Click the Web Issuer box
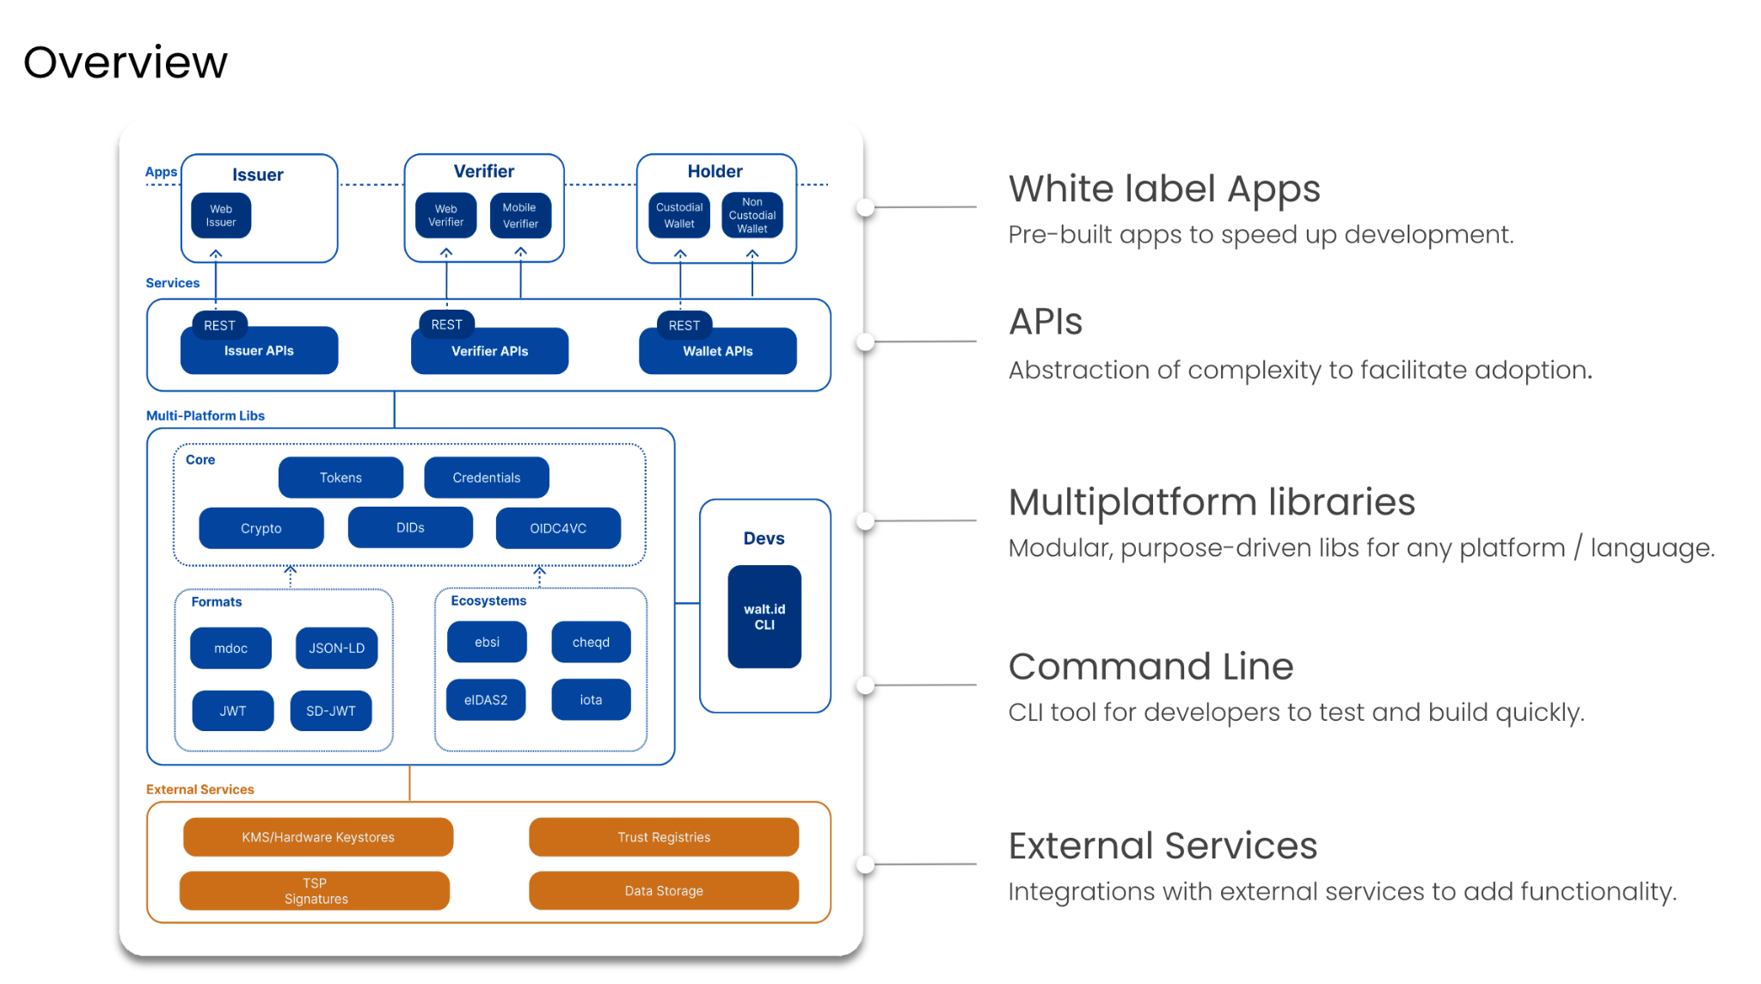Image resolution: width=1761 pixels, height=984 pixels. click(x=221, y=216)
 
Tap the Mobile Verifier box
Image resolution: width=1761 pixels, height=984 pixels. click(x=520, y=216)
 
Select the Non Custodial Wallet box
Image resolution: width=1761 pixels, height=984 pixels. click(x=752, y=216)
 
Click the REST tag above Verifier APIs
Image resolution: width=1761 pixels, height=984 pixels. click(x=446, y=324)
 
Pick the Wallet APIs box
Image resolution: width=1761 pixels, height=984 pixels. click(x=718, y=352)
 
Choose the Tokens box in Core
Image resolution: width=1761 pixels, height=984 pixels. click(x=341, y=477)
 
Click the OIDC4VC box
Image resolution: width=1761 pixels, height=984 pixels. click(x=558, y=528)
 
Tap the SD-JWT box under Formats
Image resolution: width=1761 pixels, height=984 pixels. click(x=331, y=711)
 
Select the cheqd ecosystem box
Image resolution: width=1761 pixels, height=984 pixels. click(x=591, y=643)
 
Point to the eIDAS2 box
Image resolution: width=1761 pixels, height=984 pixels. click(x=486, y=700)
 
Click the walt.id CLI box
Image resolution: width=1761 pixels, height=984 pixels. click(x=764, y=617)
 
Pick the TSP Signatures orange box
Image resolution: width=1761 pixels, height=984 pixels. click(x=315, y=891)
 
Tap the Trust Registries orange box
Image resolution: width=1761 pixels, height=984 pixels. click(x=664, y=837)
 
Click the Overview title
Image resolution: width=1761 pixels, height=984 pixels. click(x=126, y=63)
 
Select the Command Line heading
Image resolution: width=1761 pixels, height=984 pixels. click(x=1150, y=667)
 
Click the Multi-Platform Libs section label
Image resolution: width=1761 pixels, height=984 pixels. click(x=206, y=415)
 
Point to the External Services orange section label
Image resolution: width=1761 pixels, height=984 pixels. click(x=200, y=790)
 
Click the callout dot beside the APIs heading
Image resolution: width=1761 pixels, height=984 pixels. click(x=866, y=342)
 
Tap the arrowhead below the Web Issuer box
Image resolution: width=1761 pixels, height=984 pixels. click(x=216, y=254)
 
